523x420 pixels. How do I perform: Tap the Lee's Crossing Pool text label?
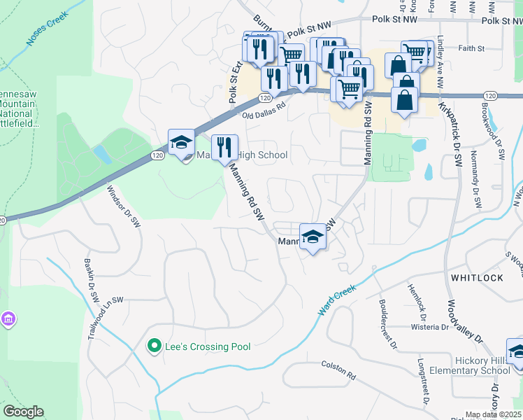(207, 346)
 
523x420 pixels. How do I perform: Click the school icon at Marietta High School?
(182, 141)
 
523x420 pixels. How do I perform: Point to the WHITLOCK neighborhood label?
(478, 278)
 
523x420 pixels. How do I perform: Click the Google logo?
(23, 412)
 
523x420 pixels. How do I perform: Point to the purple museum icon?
(8, 320)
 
